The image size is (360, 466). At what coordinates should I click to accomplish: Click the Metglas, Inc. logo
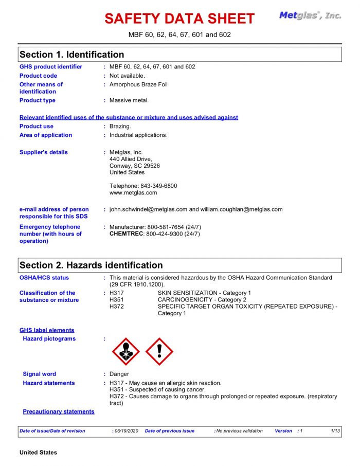coord(310,15)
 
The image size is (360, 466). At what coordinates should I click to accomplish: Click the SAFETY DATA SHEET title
coord(179,19)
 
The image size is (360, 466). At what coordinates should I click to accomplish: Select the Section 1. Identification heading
coord(71,55)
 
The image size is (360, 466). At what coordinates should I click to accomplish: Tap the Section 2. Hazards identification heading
coord(91,265)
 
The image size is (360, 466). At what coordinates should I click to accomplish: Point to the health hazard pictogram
coord(125,351)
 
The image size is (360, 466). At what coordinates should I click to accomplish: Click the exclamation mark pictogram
coord(159,351)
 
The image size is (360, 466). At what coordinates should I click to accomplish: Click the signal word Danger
coord(119,374)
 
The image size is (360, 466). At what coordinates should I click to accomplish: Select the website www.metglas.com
coord(133,193)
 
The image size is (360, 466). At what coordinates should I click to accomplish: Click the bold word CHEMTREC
coord(127,234)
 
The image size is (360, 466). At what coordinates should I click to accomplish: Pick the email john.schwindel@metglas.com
coord(148,209)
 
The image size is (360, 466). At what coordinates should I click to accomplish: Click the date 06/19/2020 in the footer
coord(126,431)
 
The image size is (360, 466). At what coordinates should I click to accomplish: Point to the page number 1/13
coord(335,431)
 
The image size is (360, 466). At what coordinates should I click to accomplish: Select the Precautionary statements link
coord(59,411)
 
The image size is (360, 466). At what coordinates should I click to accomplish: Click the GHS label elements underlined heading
coord(47,330)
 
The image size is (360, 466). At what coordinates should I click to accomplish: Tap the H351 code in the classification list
coord(117,300)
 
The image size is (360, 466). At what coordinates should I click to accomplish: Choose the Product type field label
coord(38,100)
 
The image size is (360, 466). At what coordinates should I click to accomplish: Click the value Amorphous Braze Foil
coord(138,84)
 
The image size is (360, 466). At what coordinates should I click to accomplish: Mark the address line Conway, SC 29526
coord(135,166)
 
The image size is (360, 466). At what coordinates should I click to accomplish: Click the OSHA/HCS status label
coord(44,278)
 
